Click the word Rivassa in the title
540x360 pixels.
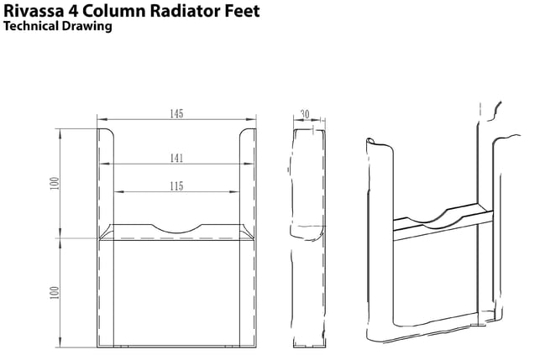pyautogui.click(x=34, y=11)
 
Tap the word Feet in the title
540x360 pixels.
pyautogui.click(x=242, y=11)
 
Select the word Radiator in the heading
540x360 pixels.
pyautogui.click(x=186, y=11)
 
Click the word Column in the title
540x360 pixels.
pyautogui.click(x=113, y=11)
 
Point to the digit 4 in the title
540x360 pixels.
pyautogui.click(x=73, y=11)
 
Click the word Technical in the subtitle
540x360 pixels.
pyautogui.click(x=31, y=26)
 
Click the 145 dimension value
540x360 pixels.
pyautogui.click(x=176, y=114)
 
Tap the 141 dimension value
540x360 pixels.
pyautogui.click(x=176, y=159)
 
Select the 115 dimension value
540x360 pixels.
pyautogui.click(x=176, y=186)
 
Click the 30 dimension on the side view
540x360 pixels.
pyautogui.click(x=305, y=114)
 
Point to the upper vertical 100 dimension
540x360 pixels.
pyautogui.click(x=55, y=183)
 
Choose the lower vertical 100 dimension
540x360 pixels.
pyautogui.click(x=55, y=293)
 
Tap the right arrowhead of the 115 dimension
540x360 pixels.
pyautogui.click(x=234, y=191)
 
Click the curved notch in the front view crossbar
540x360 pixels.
pyautogui.click(x=176, y=232)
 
